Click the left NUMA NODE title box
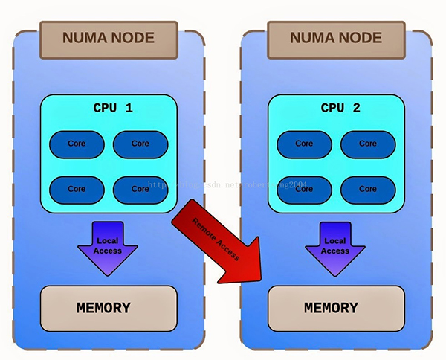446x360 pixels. pyautogui.click(x=108, y=38)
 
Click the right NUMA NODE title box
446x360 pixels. pyautogui.click(x=335, y=38)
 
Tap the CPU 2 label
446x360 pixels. pyautogui.click(x=340, y=108)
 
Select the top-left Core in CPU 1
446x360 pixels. pyautogui.click(x=77, y=144)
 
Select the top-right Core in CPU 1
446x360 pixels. pyautogui.click(x=140, y=144)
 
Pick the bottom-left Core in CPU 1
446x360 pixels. pyautogui.click(x=77, y=189)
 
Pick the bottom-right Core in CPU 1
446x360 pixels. pyautogui.click(x=140, y=189)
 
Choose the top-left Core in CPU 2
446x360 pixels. pyautogui.click(x=304, y=144)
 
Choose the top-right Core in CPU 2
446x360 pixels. pyautogui.click(x=368, y=144)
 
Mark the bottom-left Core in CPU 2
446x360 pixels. pyautogui.click(x=304, y=189)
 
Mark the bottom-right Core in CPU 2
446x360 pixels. pyautogui.click(x=368, y=189)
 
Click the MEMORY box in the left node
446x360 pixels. pyautogui.click(x=108, y=308)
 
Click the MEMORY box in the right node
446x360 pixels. pyautogui.click(x=335, y=308)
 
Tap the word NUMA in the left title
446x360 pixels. pyautogui.click(x=85, y=38)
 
